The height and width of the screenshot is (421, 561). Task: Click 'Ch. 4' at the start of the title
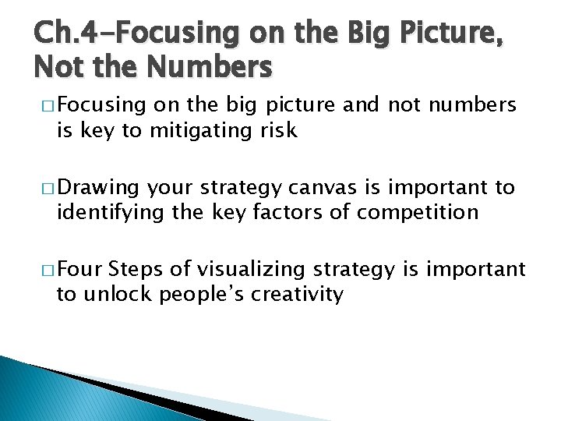click(60, 33)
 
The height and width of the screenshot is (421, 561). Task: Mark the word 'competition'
click(418, 211)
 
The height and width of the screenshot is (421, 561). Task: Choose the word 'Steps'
click(136, 270)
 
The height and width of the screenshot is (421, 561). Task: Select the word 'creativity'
click(302, 294)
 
